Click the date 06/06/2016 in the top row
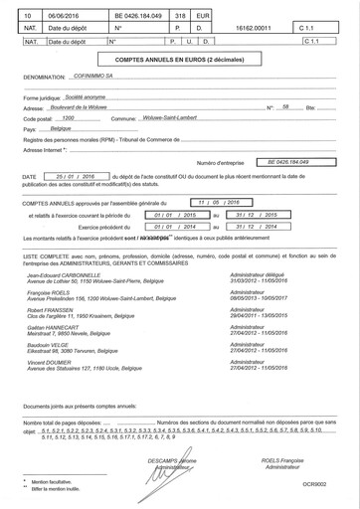[67, 17]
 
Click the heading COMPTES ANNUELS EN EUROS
[179, 61]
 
